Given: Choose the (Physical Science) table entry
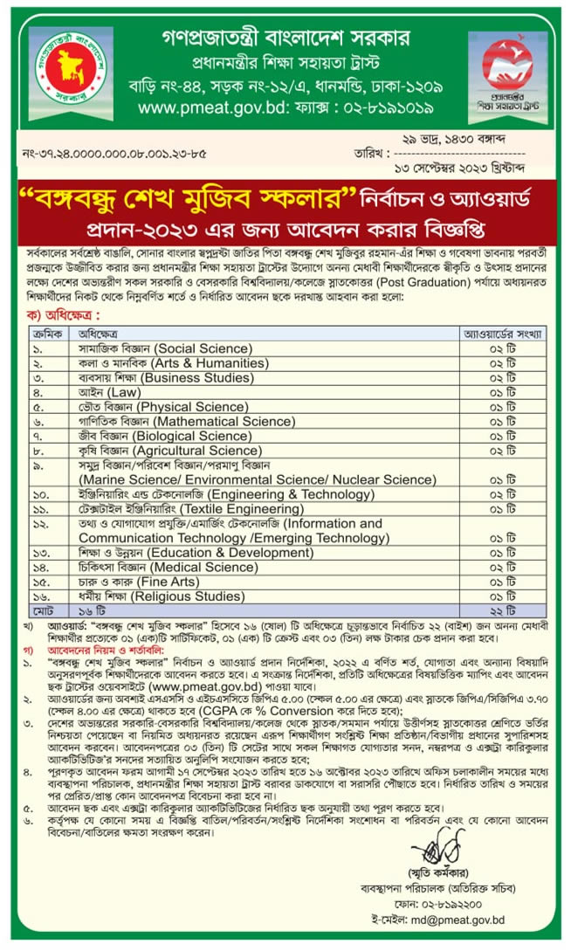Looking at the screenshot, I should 195,407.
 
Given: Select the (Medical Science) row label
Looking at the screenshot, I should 201,567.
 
